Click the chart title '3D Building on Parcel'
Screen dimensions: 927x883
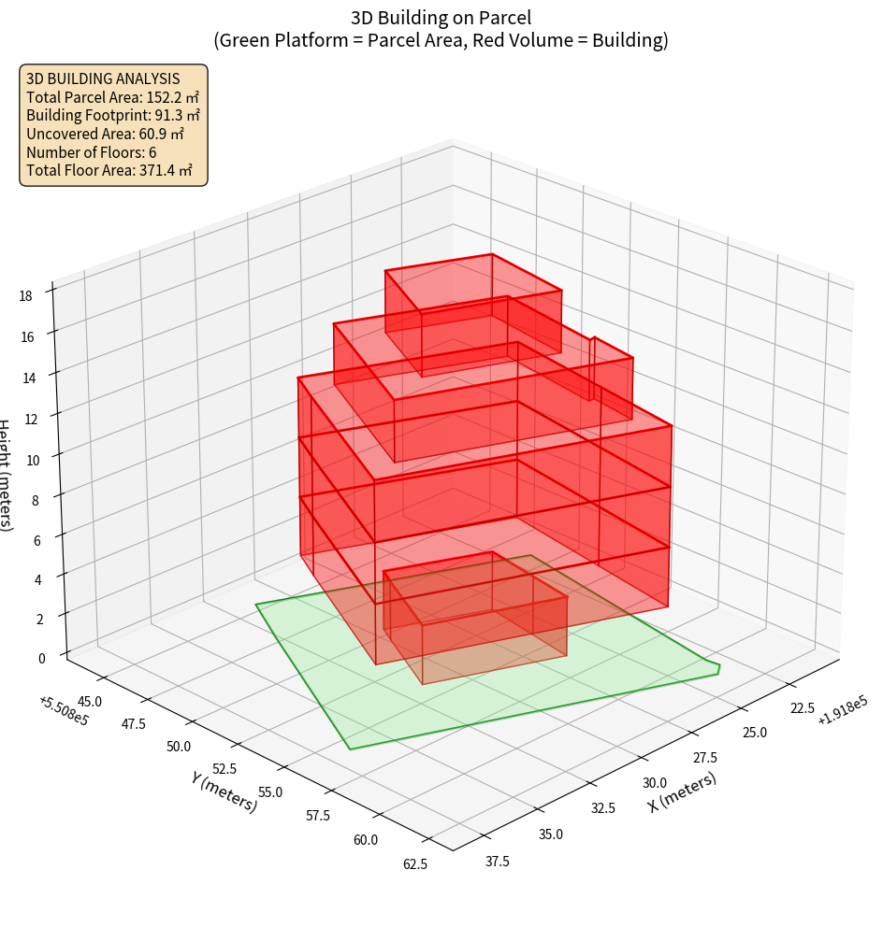(x=441, y=17)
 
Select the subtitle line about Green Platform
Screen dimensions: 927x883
(x=441, y=40)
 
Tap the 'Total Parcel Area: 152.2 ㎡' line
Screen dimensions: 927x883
(x=112, y=96)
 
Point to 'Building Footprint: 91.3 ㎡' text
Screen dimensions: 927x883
(x=112, y=115)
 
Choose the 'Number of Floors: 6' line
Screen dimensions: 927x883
(x=91, y=152)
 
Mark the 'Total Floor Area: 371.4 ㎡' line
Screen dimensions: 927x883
(x=109, y=171)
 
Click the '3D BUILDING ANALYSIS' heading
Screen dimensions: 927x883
(x=103, y=78)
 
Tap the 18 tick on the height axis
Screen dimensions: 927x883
(x=25, y=295)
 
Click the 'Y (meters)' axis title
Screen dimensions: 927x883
(x=224, y=792)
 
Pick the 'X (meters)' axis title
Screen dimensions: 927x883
(x=683, y=792)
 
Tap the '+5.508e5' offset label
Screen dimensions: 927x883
(x=64, y=710)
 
